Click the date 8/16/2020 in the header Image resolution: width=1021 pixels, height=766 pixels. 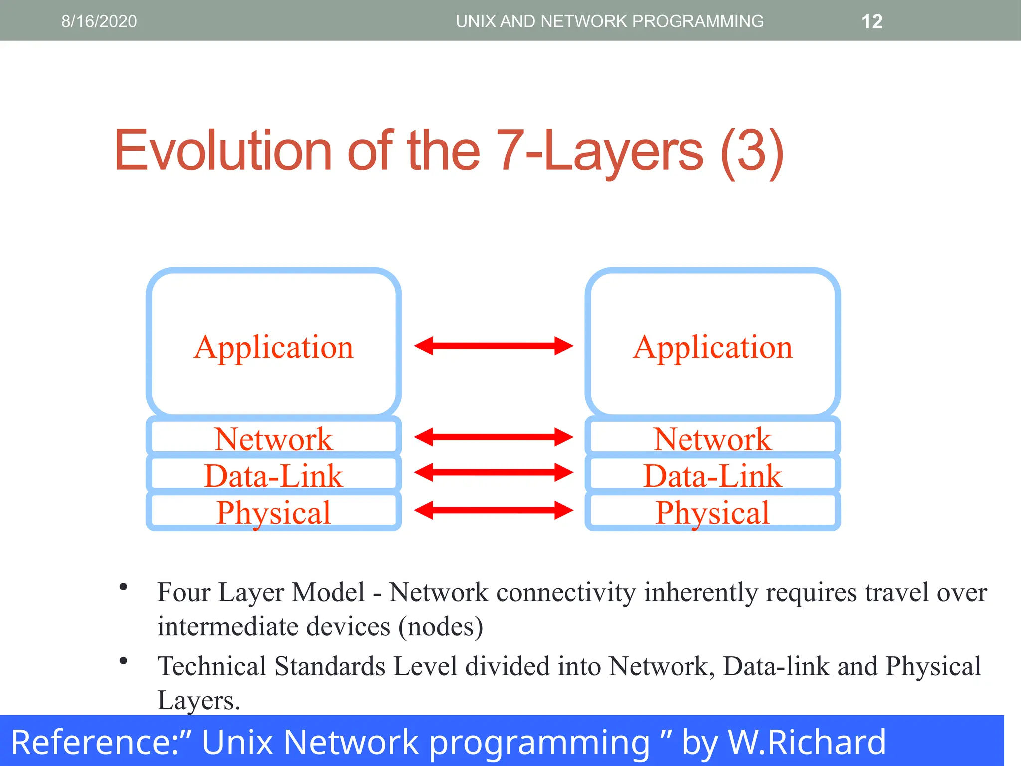coord(99,21)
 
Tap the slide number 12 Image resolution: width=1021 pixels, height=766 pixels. coord(872,22)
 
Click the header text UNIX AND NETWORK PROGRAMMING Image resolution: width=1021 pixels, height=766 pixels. coord(609,21)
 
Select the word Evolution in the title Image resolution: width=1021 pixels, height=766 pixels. coord(222,151)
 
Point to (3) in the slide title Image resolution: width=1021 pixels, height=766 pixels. coord(752,152)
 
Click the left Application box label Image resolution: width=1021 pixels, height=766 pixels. coord(274,347)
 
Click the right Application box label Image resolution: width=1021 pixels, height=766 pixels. coord(712,347)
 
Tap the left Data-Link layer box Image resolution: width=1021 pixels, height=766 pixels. coord(274,475)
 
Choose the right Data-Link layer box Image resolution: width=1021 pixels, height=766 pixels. coord(712,475)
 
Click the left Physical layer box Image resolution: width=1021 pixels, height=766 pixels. coord(274,512)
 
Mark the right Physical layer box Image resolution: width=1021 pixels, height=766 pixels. coord(712,512)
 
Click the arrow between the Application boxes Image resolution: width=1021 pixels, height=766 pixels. coord(494,346)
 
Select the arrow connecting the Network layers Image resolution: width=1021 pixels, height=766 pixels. coord(494,437)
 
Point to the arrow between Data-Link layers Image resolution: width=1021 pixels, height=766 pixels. coord(494,472)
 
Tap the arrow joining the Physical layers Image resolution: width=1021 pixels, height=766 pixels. coord(494,510)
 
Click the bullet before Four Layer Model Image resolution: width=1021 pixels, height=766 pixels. coord(123,587)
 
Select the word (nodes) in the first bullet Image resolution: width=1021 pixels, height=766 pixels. coord(441,626)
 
